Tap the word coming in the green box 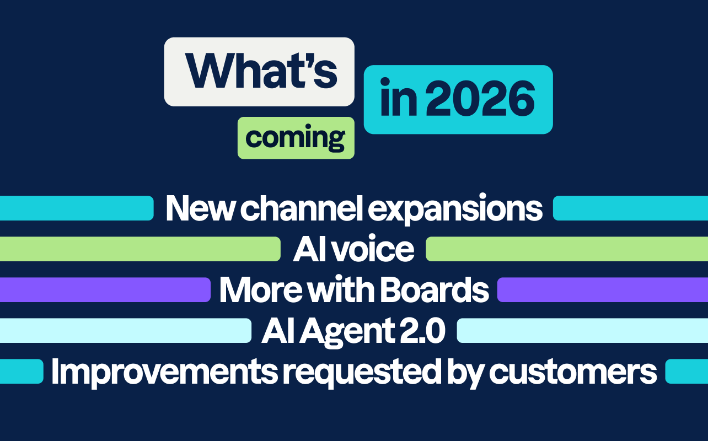(295, 137)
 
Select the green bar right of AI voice (567, 249)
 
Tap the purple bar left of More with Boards (105, 290)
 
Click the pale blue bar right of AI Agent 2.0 (582, 331)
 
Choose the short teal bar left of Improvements (22, 372)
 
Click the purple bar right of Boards (602, 290)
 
